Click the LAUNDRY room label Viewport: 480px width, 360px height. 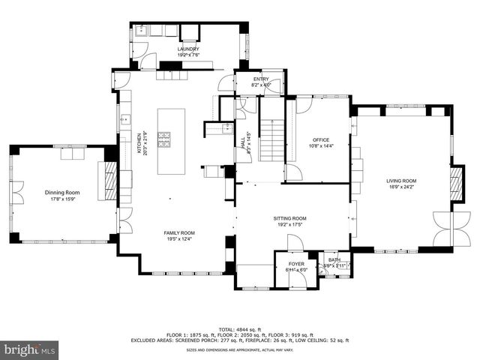(x=188, y=49)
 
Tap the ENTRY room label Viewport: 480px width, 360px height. (x=260, y=79)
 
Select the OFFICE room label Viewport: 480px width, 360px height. (x=321, y=140)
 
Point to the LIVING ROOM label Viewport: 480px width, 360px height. (x=401, y=181)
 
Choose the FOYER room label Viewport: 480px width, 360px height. (x=297, y=264)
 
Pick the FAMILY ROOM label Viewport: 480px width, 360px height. (x=179, y=233)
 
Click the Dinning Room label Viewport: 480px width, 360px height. (x=62, y=193)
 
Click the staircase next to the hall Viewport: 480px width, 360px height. (x=271, y=139)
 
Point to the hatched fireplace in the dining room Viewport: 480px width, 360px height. (x=109, y=182)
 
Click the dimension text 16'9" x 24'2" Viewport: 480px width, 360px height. (x=401, y=187)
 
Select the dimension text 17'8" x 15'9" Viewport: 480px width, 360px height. (x=62, y=199)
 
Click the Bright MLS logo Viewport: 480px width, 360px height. (x=30, y=349)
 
